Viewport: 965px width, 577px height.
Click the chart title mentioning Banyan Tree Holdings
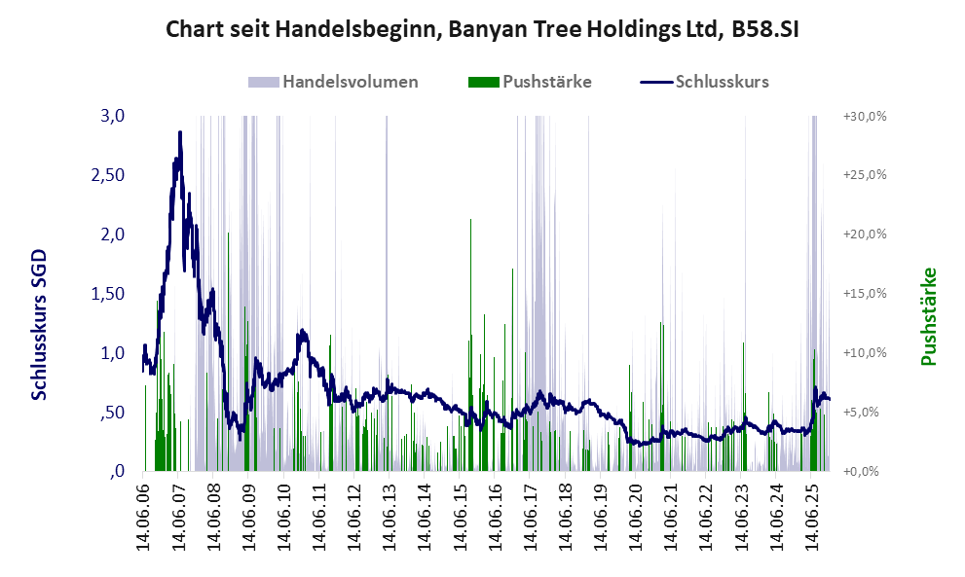tap(482, 28)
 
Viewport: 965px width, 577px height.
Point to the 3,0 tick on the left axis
tap(113, 116)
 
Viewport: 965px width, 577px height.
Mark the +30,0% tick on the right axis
tap(864, 116)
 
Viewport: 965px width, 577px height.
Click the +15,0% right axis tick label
tap(864, 294)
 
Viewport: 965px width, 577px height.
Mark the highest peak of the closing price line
tap(180, 132)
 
